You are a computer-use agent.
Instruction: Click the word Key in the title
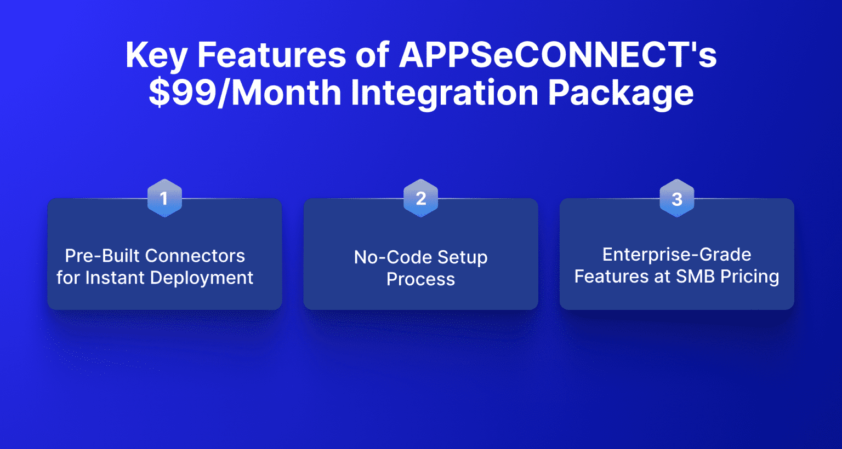pos(156,55)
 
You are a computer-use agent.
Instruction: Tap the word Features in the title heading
pos(271,55)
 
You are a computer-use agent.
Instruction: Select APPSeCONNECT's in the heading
pos(557,55)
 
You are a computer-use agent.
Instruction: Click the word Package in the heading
pos(621,93)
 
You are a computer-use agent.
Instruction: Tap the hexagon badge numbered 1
pos(164,198)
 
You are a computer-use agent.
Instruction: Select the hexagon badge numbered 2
pos(420,198)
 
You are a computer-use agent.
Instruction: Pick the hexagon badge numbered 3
pos(676,198)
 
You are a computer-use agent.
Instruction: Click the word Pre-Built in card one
pos(102,256)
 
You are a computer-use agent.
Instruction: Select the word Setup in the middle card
pos(462,257)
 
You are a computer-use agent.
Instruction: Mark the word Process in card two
pos(420,279)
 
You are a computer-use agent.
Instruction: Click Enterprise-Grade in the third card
pos(676,255)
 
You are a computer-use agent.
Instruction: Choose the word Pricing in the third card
pos(749,277)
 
